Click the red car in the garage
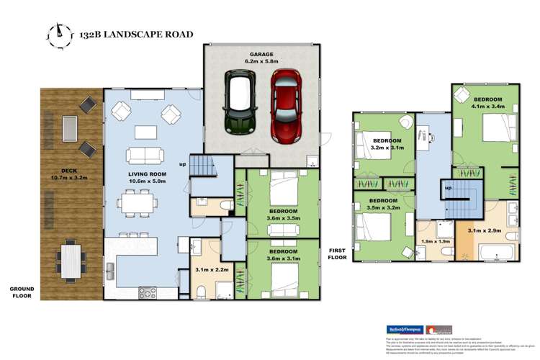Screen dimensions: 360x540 (x=285, y=105)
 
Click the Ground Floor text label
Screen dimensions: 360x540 (x=22, y=292)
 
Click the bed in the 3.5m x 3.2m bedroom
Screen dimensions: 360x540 (x=372, y=230)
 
